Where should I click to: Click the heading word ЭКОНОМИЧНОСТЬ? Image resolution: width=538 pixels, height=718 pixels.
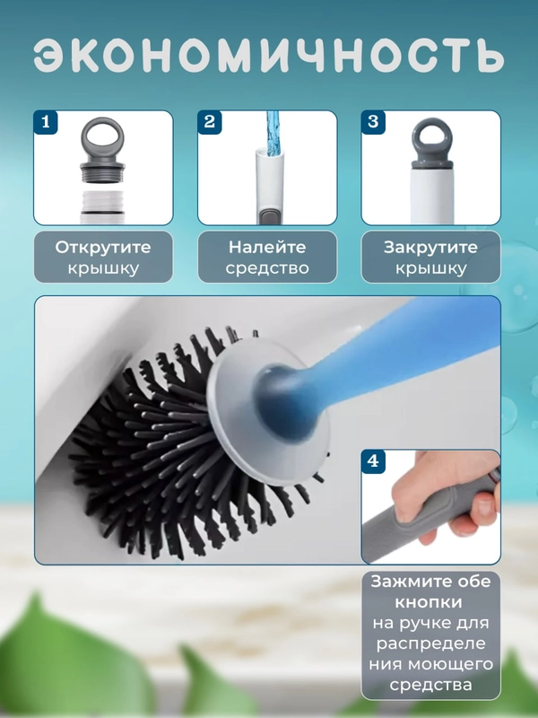[269, 56]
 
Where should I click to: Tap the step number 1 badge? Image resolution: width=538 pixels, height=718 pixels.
[46, 122]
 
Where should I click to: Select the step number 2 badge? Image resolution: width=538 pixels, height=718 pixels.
[210, 122]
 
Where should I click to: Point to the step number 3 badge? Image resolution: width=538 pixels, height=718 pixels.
[373, 122]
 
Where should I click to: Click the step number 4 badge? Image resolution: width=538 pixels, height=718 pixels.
[373, 461]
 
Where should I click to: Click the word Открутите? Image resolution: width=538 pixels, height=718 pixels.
[103, 248]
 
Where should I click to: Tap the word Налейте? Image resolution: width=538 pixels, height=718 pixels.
[267, 248]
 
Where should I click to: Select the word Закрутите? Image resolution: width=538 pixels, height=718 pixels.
[430, 248]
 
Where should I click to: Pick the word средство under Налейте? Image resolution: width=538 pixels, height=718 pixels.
[267, 268]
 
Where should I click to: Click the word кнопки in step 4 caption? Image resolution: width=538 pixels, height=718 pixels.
[429, 602]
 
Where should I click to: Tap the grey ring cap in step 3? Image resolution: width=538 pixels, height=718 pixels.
[432, 144]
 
